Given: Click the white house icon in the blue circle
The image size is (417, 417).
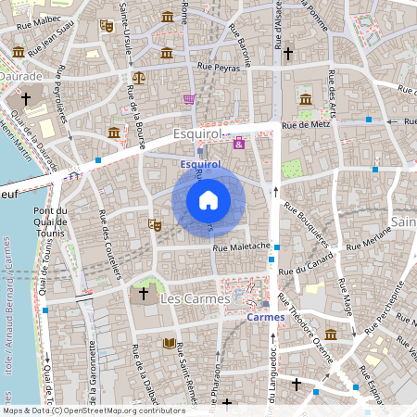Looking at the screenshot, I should pos(208,199).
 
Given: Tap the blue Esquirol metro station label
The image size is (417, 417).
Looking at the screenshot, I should pos(199,163).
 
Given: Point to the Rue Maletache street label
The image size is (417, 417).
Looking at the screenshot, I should pos(241,246).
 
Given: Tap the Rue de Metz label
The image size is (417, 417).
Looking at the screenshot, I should pos(307,124).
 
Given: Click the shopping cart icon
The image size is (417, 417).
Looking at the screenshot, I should pos(190,98).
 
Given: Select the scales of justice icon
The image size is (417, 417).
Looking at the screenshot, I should pos(138,78).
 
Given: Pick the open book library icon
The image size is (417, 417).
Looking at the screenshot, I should pos(169,343).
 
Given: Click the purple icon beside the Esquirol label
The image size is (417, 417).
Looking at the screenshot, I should pos(239,143).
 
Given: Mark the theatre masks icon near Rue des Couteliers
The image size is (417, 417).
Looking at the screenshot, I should pos(155,224).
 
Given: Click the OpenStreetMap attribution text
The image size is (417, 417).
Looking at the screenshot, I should pos(94,410).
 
